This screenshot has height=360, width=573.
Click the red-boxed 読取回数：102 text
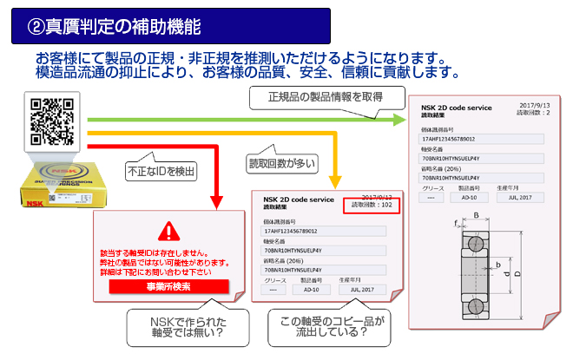point(372,206)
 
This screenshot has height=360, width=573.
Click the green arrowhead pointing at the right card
point(399,116)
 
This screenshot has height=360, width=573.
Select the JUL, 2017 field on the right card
point(518,196)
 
